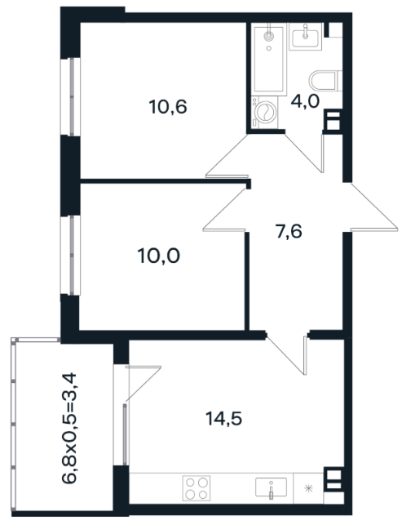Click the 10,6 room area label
(x=168, y=107)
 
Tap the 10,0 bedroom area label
(x=158, y=256)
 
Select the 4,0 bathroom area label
(x=305, y=101)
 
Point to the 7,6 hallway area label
(x=289, y=232)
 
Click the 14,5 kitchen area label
(x=223, y=419)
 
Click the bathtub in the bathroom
(x=269, y=60)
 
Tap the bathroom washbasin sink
(x=305, y=36)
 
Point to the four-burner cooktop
(x=197, y=487)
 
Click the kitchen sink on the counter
(x=271, y=487)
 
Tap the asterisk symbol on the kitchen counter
(x=308, y=487)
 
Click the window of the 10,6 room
(x=71, y=97)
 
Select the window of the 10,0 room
(x=71, y=255)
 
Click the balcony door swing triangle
(x=144, y=383)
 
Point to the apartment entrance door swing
(x=371, y=207)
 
